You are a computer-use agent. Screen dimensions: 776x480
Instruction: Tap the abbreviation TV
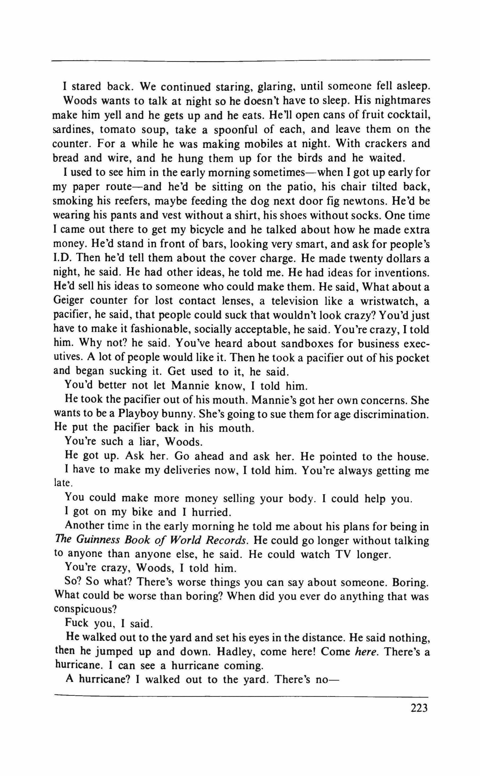click(x=343, y=554)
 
